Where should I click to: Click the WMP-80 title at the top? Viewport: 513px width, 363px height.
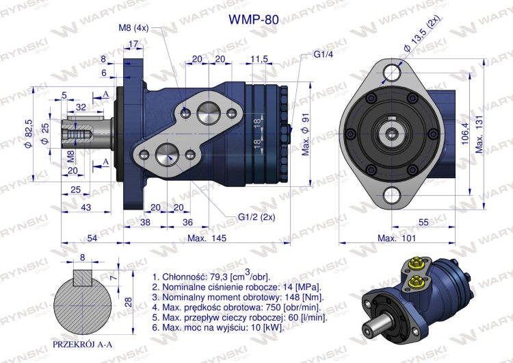click(252, 20)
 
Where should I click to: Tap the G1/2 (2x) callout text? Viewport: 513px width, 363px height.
click(254, 218)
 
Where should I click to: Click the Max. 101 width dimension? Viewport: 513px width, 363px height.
click(394, 238)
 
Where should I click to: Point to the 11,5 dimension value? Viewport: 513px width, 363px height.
click(259, 60)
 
